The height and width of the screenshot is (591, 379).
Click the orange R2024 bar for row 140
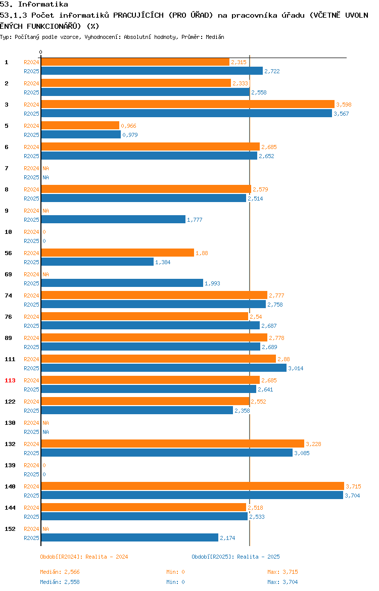pyautogui.click(x=193, y=486)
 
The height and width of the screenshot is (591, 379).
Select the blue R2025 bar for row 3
pyautogui.click(x=186, y=114)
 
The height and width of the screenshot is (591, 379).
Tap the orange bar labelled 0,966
pyautogui.click(x=80, y=125)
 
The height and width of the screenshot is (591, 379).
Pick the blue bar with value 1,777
pyautogui.click(x=113, y=219)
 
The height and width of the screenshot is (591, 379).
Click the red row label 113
pyautogui.click(x=10, y=380)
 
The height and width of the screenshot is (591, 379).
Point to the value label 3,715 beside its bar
pyautogui.click(x=353, y=486)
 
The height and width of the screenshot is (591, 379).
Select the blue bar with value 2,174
pyautogui.click(x=130, y=537)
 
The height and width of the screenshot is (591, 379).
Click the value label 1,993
pyautogui.click(x=212, y=283)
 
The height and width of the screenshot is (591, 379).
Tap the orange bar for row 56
pyautogui.click(x=117, y=253)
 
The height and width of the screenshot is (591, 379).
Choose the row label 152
pyautogui.click(x=10, y=529)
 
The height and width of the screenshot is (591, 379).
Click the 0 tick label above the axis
pyautogui.click(x=41, y=53)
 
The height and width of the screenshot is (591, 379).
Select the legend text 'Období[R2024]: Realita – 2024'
pyautogui.click(x=84, y=557)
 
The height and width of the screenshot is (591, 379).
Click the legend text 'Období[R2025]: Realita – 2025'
pyautogui.click(x=235, y=557)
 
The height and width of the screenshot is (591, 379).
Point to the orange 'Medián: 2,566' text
pyautogui.click(x=60, y=572)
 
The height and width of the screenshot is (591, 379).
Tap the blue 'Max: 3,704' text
pyautogui.click(x=282, y=582)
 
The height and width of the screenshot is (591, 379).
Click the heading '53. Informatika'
pyautogui.click(x=34, y=4)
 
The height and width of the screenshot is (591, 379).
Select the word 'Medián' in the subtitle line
pyautogui.click(x=215, y=37)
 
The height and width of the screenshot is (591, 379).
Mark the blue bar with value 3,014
pyautogui.click(x=164, y=368)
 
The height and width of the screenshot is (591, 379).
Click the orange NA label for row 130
pyautogui.click(x=45, y=423)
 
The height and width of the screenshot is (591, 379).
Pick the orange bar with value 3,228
pyautogui.click(x=173, y=444)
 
